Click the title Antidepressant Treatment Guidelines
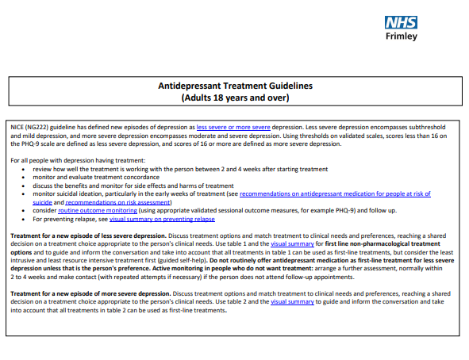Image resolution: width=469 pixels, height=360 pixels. pos(235,86)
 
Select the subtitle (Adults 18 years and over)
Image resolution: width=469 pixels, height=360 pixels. pos(235,98)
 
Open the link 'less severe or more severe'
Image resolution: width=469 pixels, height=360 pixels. pos(233,127)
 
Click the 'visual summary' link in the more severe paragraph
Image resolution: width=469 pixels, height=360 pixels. pos(291,302)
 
